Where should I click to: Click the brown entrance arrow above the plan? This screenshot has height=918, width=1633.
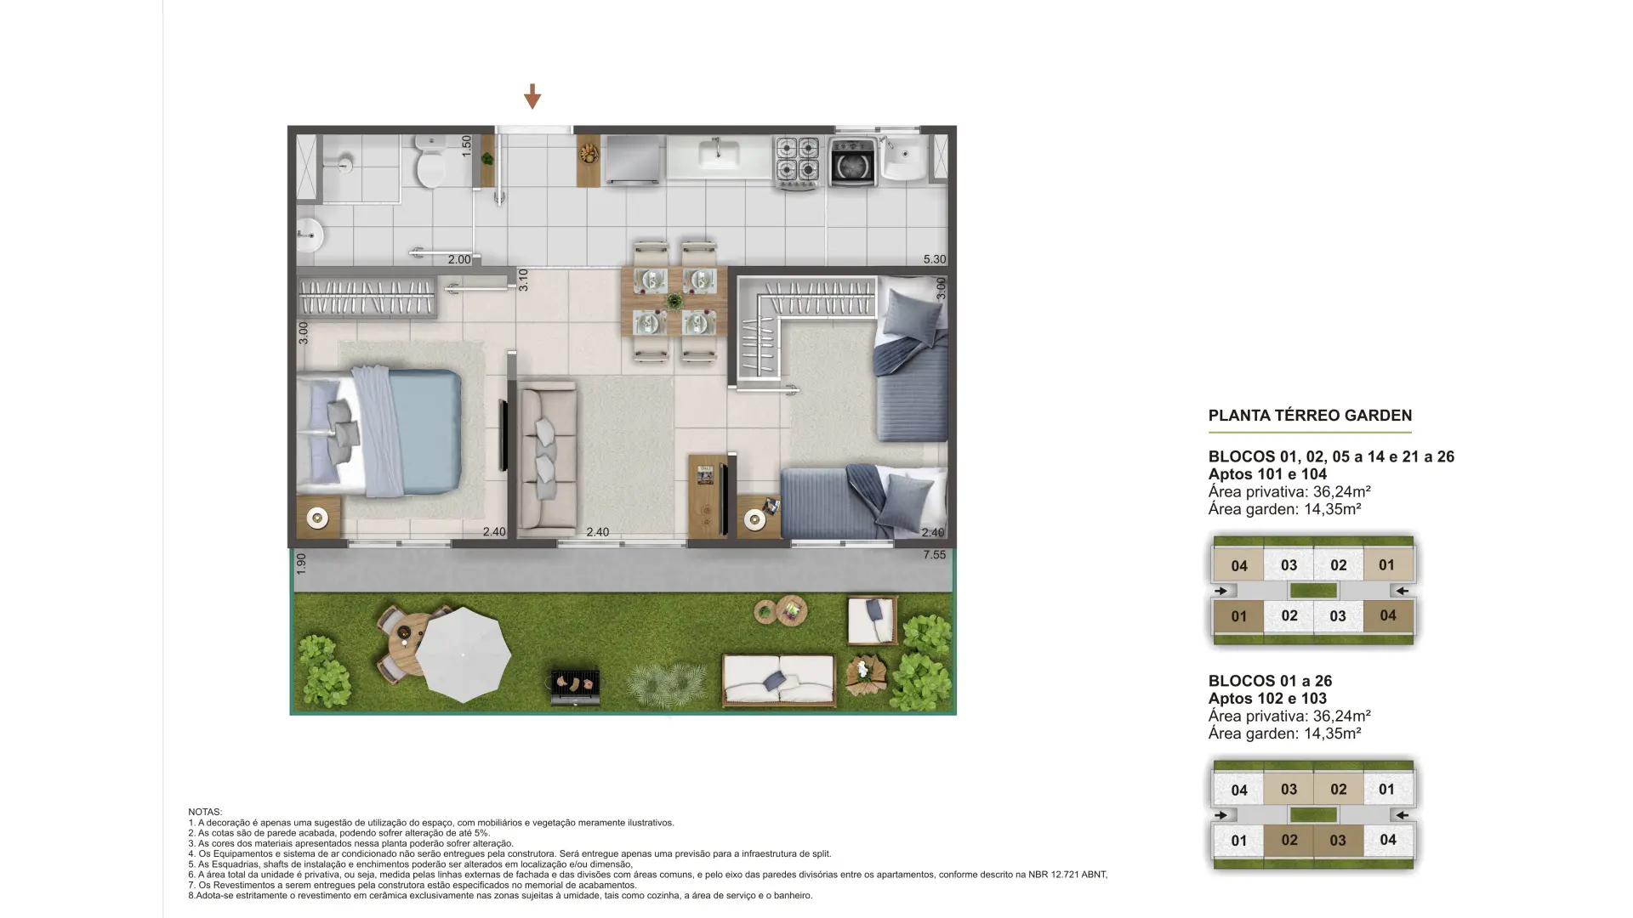[x=532, y=96]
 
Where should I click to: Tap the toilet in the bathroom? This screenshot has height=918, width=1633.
[x=430, y=162]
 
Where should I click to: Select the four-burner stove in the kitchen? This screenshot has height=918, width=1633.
[x=798, y=161]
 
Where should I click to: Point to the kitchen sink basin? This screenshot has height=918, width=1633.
[x=719, y=155]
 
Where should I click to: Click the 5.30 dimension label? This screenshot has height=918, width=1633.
[x=935, y=259]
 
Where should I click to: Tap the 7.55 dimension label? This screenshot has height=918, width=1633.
[x=935, y=554]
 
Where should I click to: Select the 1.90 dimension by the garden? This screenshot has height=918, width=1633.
[x=301, y=564]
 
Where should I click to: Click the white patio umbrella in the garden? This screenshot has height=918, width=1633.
[x=463, y=654]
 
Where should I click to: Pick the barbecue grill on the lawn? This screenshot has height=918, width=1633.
[x=576, y=685]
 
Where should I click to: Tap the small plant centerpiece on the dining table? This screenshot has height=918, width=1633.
[x=674, y=301]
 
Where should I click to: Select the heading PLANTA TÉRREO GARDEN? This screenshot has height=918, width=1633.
[x=1310, y=416]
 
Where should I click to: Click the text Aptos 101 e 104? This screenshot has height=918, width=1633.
[x=1267, y=474]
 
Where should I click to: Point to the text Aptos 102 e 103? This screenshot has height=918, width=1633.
[x=1267, y=699]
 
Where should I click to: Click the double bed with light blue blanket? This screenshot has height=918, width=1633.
[x=379, y=432]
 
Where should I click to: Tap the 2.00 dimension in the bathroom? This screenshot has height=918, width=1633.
[x=459, y=259]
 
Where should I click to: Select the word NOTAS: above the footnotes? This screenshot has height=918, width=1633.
[x=205, y=813]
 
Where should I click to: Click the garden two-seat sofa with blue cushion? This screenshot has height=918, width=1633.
[x=778, y=680]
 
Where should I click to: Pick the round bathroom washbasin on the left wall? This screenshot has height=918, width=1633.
[x=310, y=235]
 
